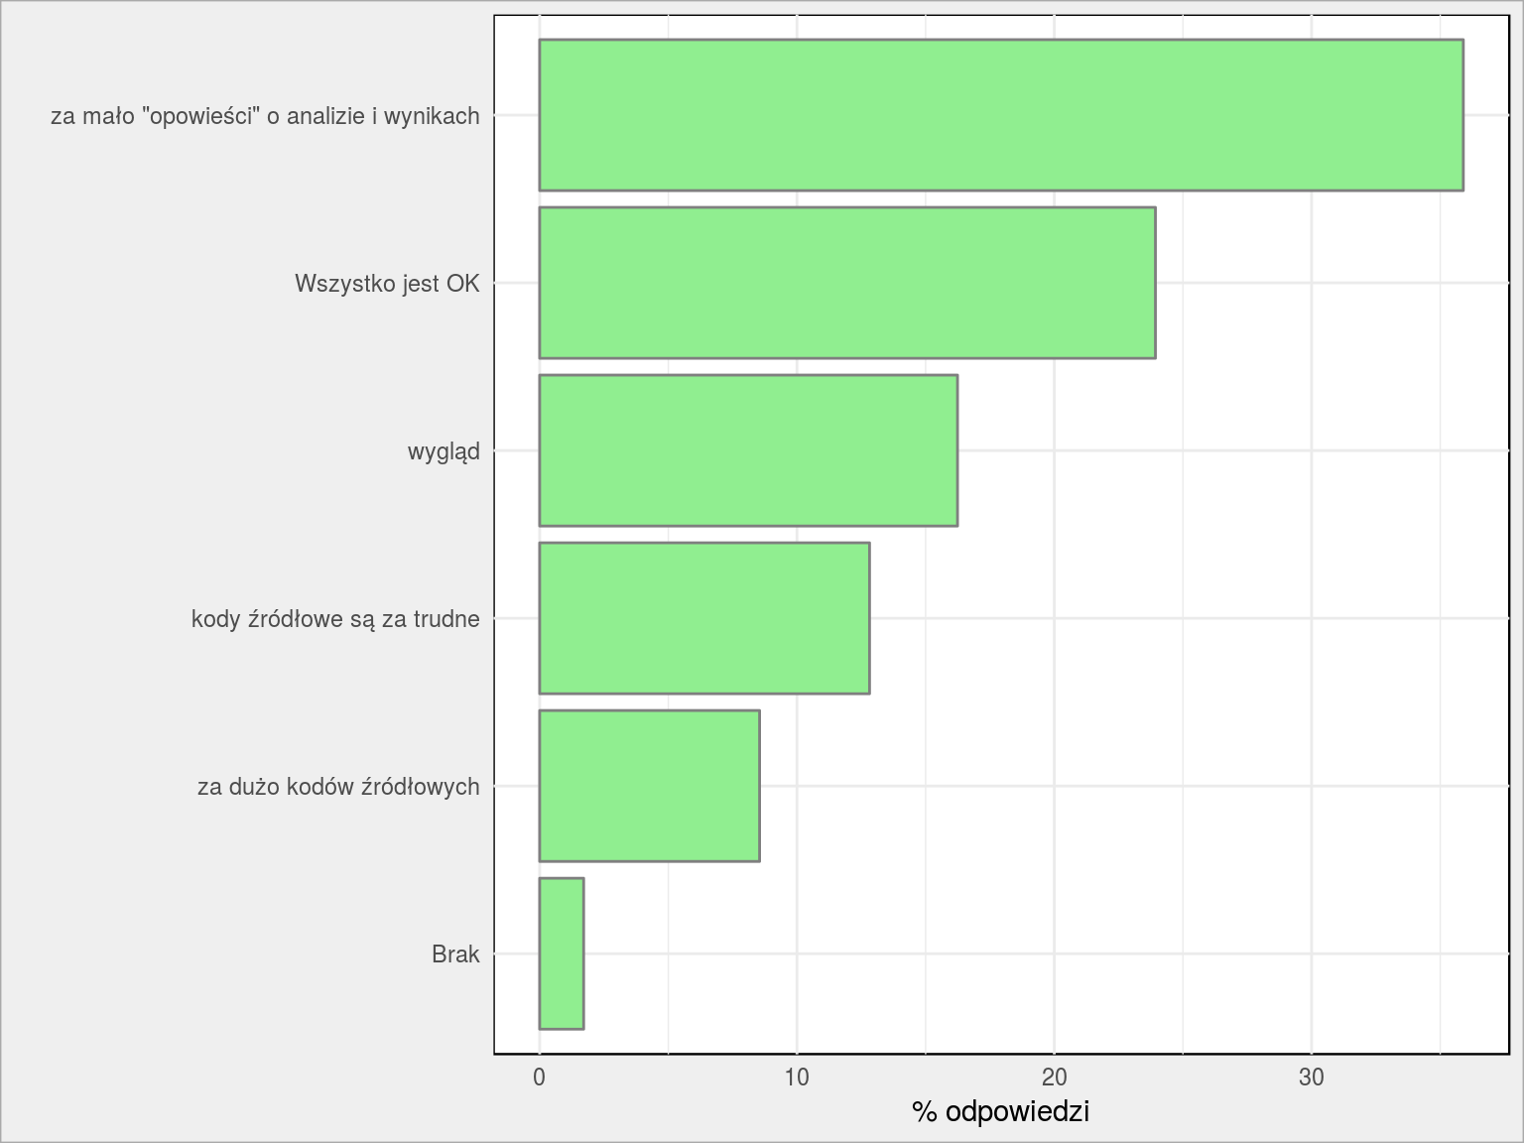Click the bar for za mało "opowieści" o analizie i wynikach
click(1001, 115)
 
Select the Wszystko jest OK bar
click(847, 283)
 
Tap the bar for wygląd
click(748, 450)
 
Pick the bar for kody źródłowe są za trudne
click(704, 618)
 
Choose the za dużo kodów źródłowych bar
click(649, 786)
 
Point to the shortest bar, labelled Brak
click(561, 953)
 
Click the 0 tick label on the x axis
click(539, 1078)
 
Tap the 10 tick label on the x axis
click(797, 1078)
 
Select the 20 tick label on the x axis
click(1054, 1078)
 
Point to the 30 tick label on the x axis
click(1312, 1078)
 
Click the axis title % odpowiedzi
click(1000, 1112)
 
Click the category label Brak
click(455, 954)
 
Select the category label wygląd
click(444, 452)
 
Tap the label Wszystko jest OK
click(387, 284)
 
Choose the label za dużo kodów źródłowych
click(338, 787)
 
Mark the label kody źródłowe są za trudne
click(335, 619)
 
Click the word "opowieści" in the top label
click(200, 116)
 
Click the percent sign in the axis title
click(925, 1112)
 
